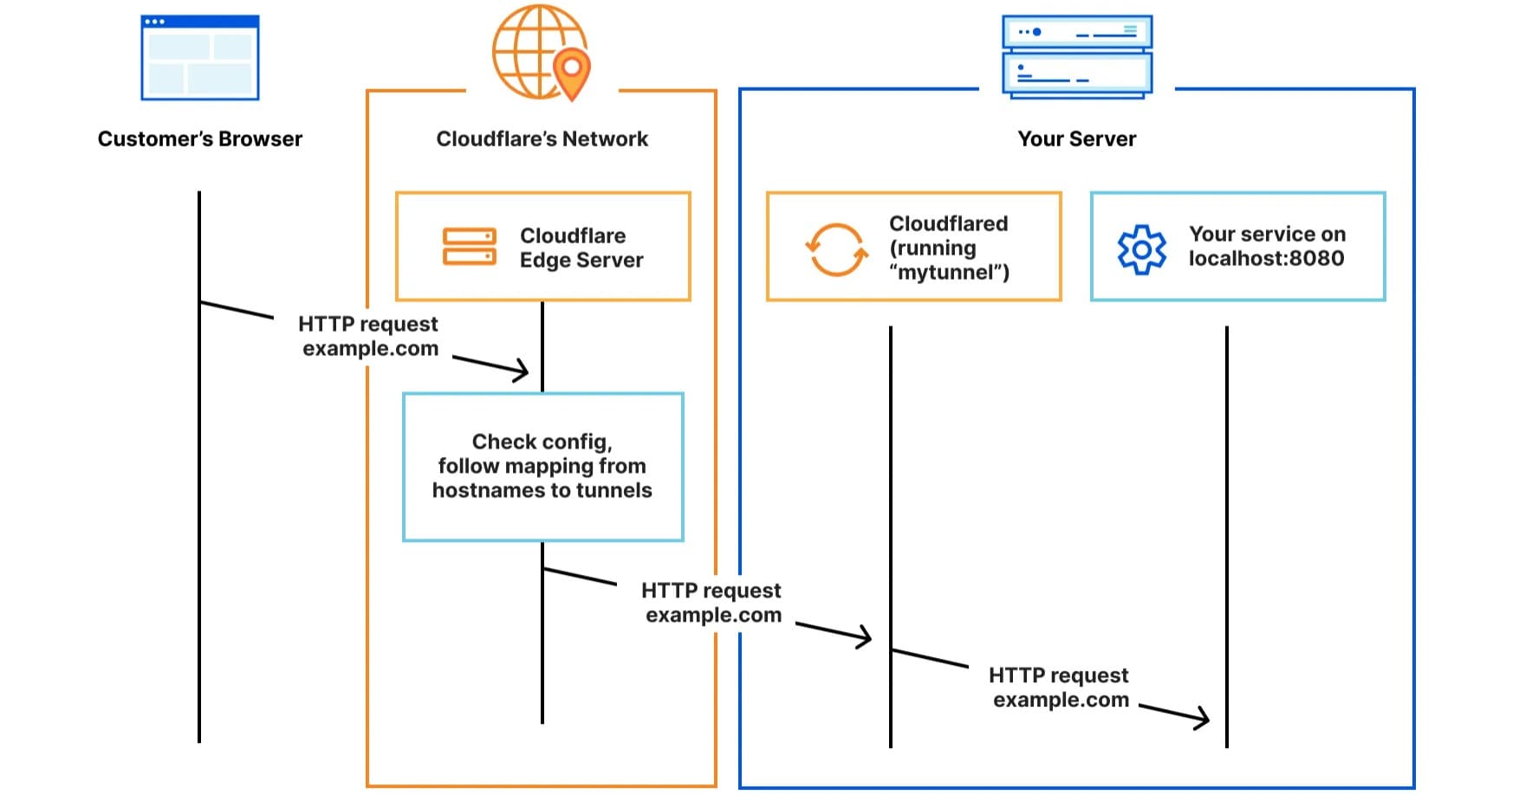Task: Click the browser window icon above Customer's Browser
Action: coord(200,58)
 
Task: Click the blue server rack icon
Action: coord(1077,56)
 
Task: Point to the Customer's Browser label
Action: coord(199,139)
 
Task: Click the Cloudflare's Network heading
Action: coord(542,139)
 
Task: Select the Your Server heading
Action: coord(1076,139)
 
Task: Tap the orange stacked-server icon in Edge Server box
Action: coord(469,247)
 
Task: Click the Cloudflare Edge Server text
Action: coord(581,248)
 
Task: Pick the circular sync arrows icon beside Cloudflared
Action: coord(836,249)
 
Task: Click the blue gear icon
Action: coord(1142,249)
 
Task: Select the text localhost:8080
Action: coord(1266,258)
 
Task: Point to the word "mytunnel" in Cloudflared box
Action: coord(950,273)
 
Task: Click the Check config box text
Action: coord(542,466)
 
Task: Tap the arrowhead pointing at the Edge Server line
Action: coord(521,371)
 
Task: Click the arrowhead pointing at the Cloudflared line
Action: coord(864,637)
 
